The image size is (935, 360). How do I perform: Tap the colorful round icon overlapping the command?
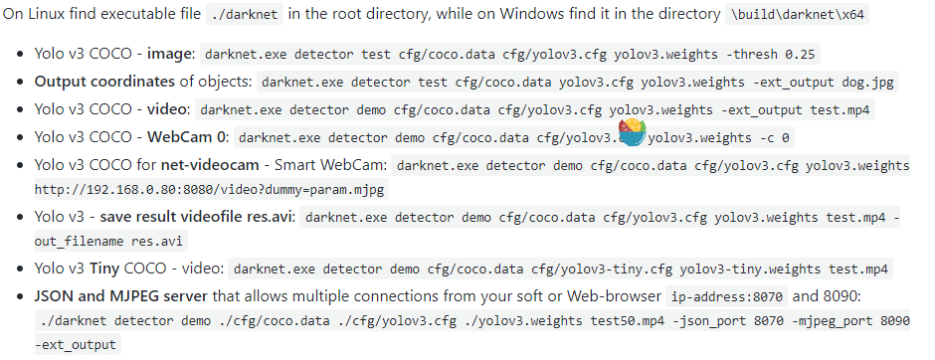(x=632, y=133)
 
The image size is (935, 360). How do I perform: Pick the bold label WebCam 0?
(x=180, y=137)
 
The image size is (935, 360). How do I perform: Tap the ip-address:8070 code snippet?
(x=725, y=296)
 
